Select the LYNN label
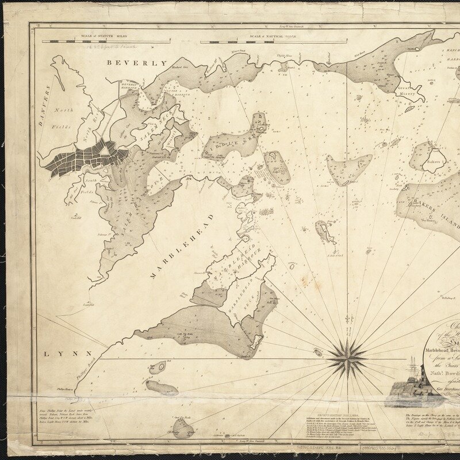[60, 354]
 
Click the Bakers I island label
[434, 163]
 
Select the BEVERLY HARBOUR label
[132, 86]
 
